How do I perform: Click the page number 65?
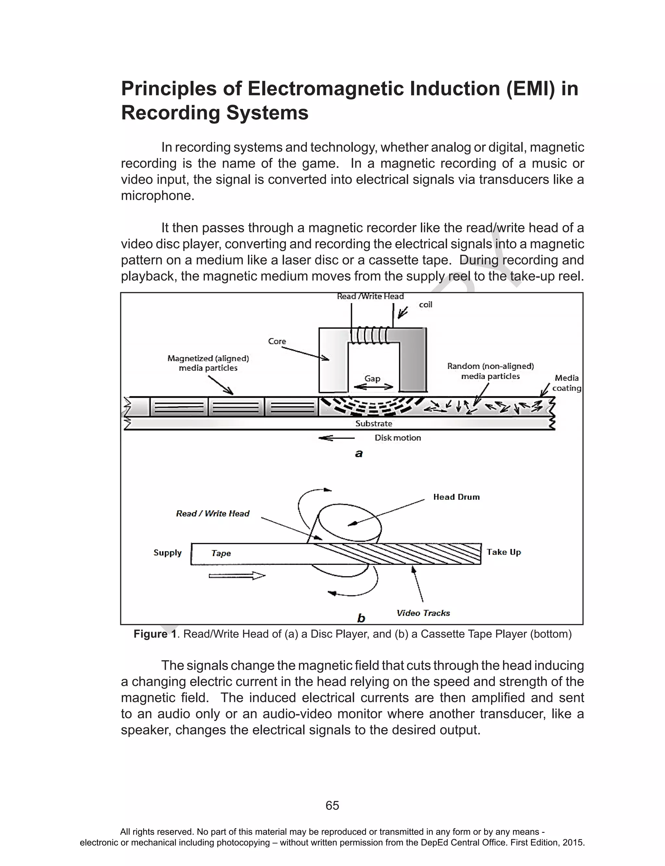332,806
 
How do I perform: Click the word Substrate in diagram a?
373,423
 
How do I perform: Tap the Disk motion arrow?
336,438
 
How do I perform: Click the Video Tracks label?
423,613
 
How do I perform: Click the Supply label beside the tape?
168,553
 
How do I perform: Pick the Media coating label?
566,383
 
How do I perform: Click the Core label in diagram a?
277,341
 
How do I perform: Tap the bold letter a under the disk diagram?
358,454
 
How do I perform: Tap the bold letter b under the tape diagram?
361,618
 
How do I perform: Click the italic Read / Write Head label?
213,514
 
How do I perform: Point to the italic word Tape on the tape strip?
221,553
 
